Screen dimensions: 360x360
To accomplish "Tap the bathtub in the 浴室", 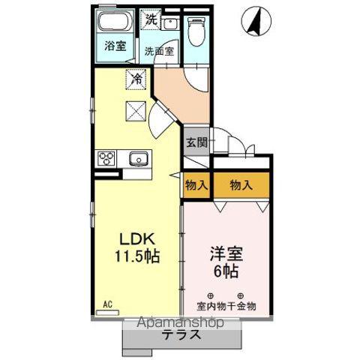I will [115, 21].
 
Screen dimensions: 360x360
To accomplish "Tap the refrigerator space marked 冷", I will [136, 77].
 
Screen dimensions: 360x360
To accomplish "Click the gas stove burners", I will [106, 158].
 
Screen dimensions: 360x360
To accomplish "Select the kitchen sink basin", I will [138, 158].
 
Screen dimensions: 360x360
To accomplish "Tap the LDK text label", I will [139, 238].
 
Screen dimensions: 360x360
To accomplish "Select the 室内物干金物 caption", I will [227, 306].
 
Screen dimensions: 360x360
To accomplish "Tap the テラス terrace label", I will [181, 335].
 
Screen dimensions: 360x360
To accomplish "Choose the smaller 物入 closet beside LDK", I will [197, 185].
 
